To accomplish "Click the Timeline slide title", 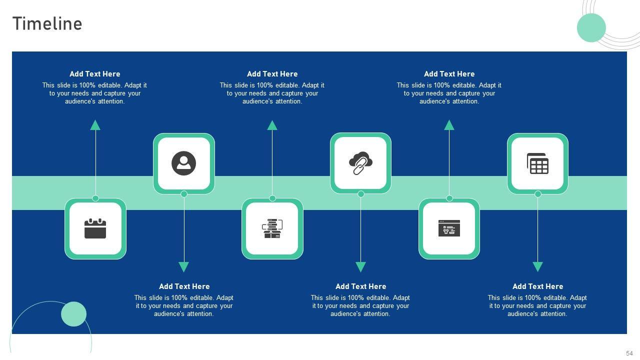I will point(47,24).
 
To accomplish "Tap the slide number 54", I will point(629,353).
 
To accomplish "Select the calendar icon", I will point(95,228).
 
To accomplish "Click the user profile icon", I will point(183,163).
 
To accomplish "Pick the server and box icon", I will point(272,228).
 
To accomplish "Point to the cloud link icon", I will point(360,163).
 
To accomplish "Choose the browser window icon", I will point(449,228).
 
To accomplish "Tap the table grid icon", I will point(537,163).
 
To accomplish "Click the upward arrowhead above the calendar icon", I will point(95,125).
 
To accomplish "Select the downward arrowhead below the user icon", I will point(183,267).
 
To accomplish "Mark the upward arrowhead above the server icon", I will point(272,125).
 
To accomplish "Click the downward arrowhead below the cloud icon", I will point(360,267).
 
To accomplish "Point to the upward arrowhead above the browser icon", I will point(449,125).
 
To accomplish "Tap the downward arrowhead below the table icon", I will point(537,267).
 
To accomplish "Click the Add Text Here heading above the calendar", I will point(95,74).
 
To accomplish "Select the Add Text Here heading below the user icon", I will point(184,286).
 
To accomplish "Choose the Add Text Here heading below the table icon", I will point(537,286).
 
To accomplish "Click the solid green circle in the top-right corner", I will point(591,27).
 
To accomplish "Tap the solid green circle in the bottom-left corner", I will point(73,314).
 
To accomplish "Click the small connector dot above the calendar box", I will point(95,198).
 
